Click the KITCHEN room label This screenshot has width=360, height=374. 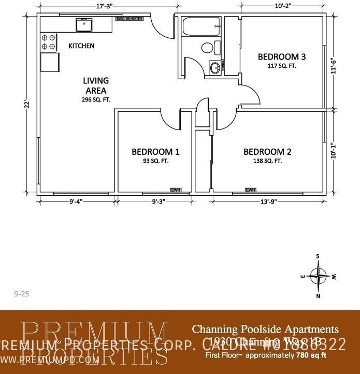tap(81, 46)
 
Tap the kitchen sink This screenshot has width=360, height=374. tap(83, 24)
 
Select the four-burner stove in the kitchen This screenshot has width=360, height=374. tap(48, 42)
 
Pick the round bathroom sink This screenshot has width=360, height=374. tap(214, 67)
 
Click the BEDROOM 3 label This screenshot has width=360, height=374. tap(282, 56)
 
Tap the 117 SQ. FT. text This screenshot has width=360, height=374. tap(282, 66)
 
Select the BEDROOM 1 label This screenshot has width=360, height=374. tap(155, 152)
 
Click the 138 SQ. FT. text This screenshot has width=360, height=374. tap(267, 161)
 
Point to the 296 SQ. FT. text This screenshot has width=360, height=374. tap(96, 99)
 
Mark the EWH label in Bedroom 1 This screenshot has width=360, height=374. tap(177, 190)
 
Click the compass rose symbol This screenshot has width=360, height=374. tap(318, 275)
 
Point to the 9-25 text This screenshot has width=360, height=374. tap(22, 294)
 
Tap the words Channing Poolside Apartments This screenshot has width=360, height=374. tap(265, 329)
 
